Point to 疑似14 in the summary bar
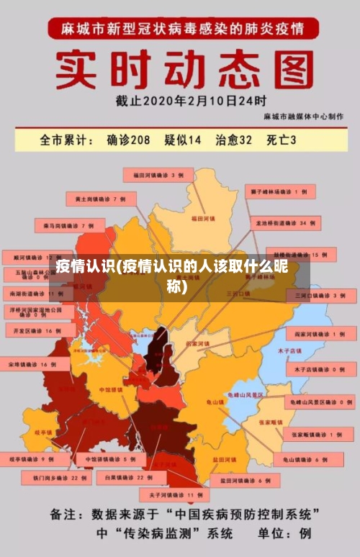(x=183, y=140)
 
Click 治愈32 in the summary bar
(x=234, y=140)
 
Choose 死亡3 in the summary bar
(x=282, y=140)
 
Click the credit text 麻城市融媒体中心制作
(x=303, y=117)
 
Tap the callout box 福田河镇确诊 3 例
(x=158, y=175)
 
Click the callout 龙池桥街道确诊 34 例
(x=285, y=224)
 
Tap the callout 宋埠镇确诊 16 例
(x=29, y=365)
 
